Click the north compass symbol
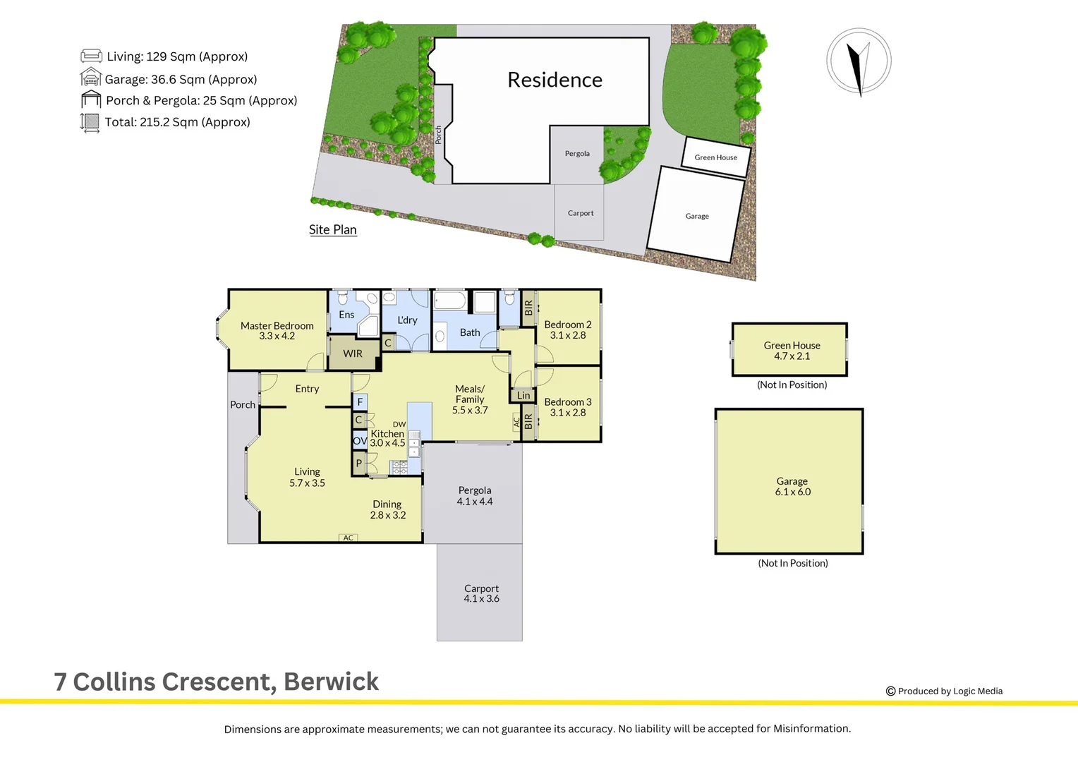(x=859, y=61)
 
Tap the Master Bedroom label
(x=277, y=326)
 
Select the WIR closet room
(x=353, y=353)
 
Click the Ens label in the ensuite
(x=346, y=315)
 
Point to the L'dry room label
(x=407, y=320)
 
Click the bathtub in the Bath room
(x=450, y=302)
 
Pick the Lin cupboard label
(x=523, y=396)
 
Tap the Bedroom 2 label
(x=567, y=325)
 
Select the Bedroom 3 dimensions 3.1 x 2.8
(x=567, y=413)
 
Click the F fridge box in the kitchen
(x=360, y=402)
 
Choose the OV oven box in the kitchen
(x=360, y=441)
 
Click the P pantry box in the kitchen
(x=359, y=464)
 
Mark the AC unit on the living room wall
(x=349, y=538)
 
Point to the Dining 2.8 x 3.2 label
(x=387, y=509)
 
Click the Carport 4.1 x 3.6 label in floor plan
(x=481, y=593)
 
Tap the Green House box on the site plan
(x=715, y=156)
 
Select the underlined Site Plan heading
(x=332, y=230)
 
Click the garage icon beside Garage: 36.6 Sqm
(x=91, y=78)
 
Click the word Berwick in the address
(x=331, y=682)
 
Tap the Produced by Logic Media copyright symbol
(x=890, y=691)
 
